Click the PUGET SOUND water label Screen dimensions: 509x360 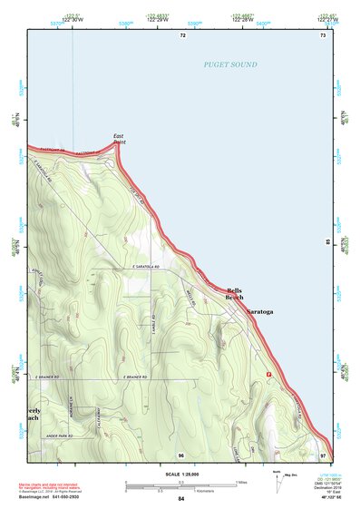230,65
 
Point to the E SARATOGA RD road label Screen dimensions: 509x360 144,268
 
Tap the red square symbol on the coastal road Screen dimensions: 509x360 268,374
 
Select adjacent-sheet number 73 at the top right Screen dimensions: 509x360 322,35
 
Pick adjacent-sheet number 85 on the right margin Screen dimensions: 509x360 328,242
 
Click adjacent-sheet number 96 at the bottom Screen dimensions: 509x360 181,455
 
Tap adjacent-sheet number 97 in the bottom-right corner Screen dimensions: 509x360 323,454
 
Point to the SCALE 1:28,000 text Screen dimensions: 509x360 181,475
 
